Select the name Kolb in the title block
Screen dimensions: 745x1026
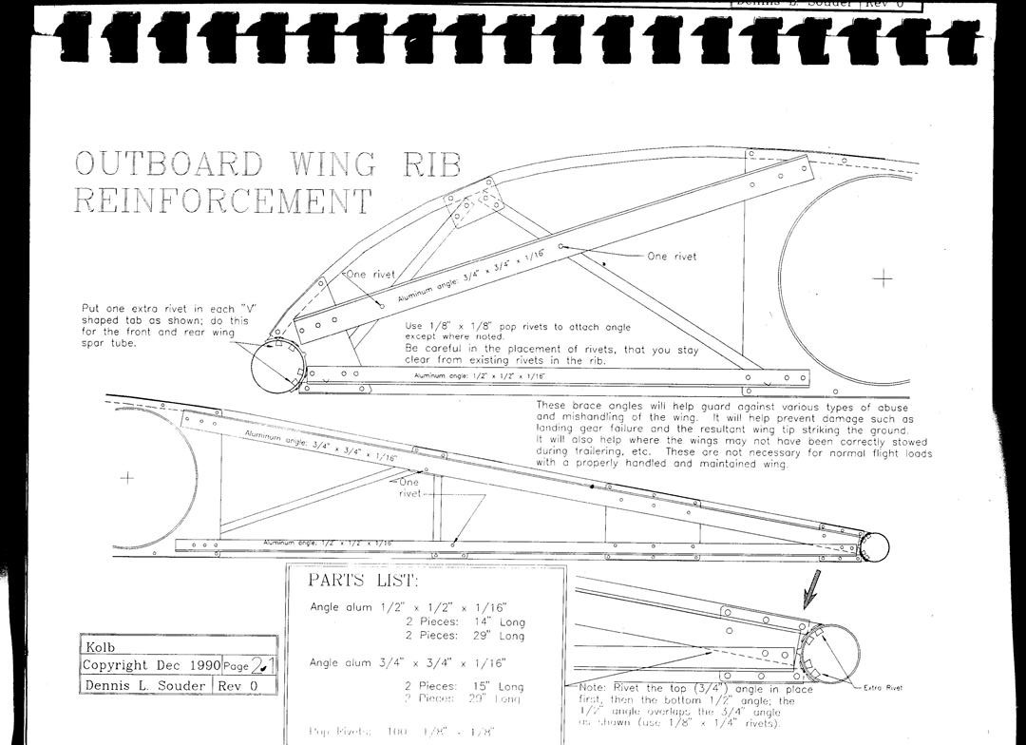tap(101, 647)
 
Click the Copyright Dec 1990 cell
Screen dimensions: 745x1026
tap(151, 665)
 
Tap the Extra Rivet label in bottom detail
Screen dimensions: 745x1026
tap(883, 687)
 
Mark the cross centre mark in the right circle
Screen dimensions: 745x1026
tap(883, 277)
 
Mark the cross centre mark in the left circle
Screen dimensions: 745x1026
tap(127, 477)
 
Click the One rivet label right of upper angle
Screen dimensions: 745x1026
tap(672, 257)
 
